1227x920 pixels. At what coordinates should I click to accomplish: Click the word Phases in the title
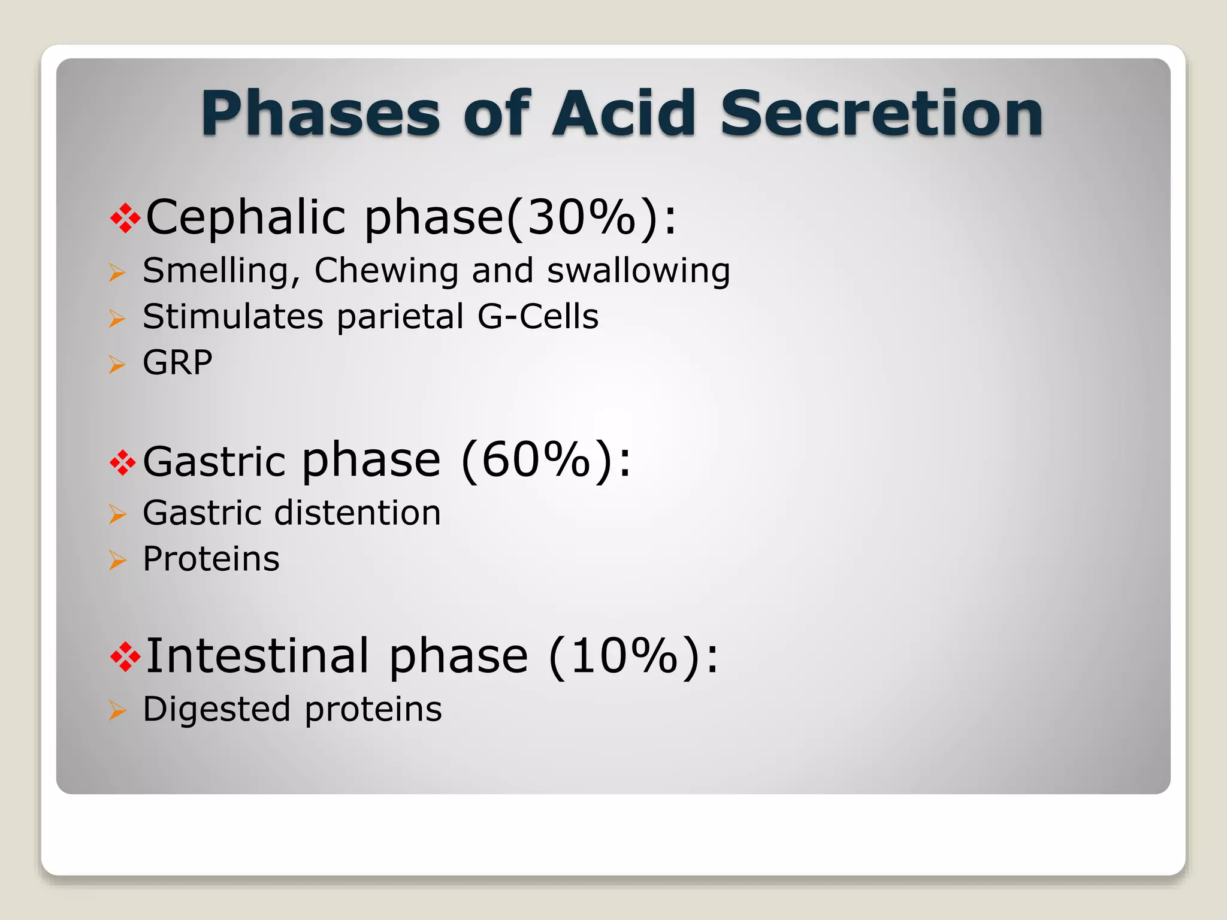click(x=321, y=114)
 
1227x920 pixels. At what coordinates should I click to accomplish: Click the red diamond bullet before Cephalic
click(x=125, y=219)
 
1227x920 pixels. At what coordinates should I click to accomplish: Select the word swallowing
click(x=639, y=271)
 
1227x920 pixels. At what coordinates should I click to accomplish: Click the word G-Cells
click(x=537, y=316)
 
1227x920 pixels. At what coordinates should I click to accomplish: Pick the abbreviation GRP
click(x=177, y=362)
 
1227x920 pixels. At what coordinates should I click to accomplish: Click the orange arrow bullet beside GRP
click(x=117, y=364)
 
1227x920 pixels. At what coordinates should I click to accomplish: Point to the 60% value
click(x=536, y=460)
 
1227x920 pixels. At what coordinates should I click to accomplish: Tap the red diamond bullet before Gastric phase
click(x=123, y=463)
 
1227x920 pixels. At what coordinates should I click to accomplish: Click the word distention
click(x=358, y=513)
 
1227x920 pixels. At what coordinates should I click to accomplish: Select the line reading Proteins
click(x=211, y=559)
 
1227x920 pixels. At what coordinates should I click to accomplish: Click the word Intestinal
click(x=258, y=656)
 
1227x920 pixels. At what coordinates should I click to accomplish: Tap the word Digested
click(x=217, y=710)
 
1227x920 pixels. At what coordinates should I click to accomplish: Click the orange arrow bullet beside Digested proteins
click(x=117, y=711)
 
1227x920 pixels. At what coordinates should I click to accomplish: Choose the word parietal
click(x=400, y=316)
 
